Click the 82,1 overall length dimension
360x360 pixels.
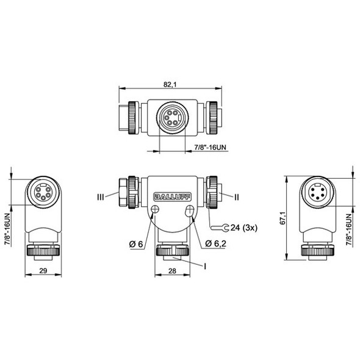pos(171,85)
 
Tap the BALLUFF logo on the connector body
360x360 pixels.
pos(171,196)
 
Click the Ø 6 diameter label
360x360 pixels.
pos(135,245)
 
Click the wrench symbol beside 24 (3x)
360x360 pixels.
pos(223,228)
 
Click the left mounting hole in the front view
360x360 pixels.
pos(154,211)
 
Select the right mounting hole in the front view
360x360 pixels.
pos(190,211)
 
